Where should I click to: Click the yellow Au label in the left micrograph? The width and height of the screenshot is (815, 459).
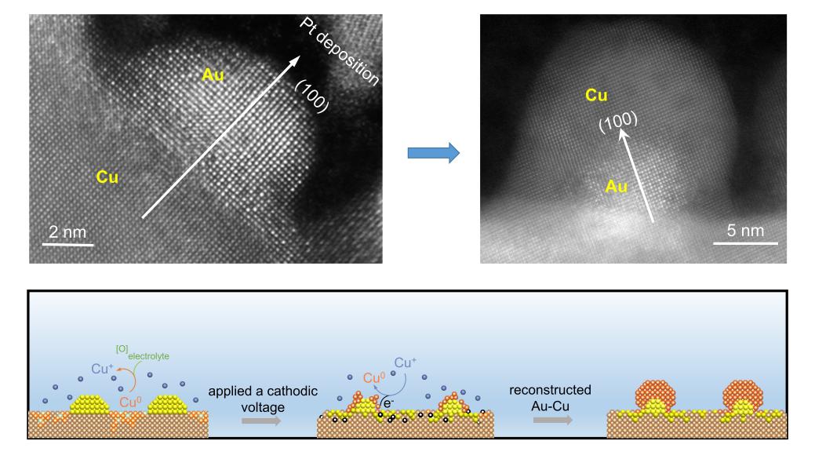213,75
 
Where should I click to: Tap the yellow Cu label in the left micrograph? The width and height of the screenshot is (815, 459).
107,177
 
